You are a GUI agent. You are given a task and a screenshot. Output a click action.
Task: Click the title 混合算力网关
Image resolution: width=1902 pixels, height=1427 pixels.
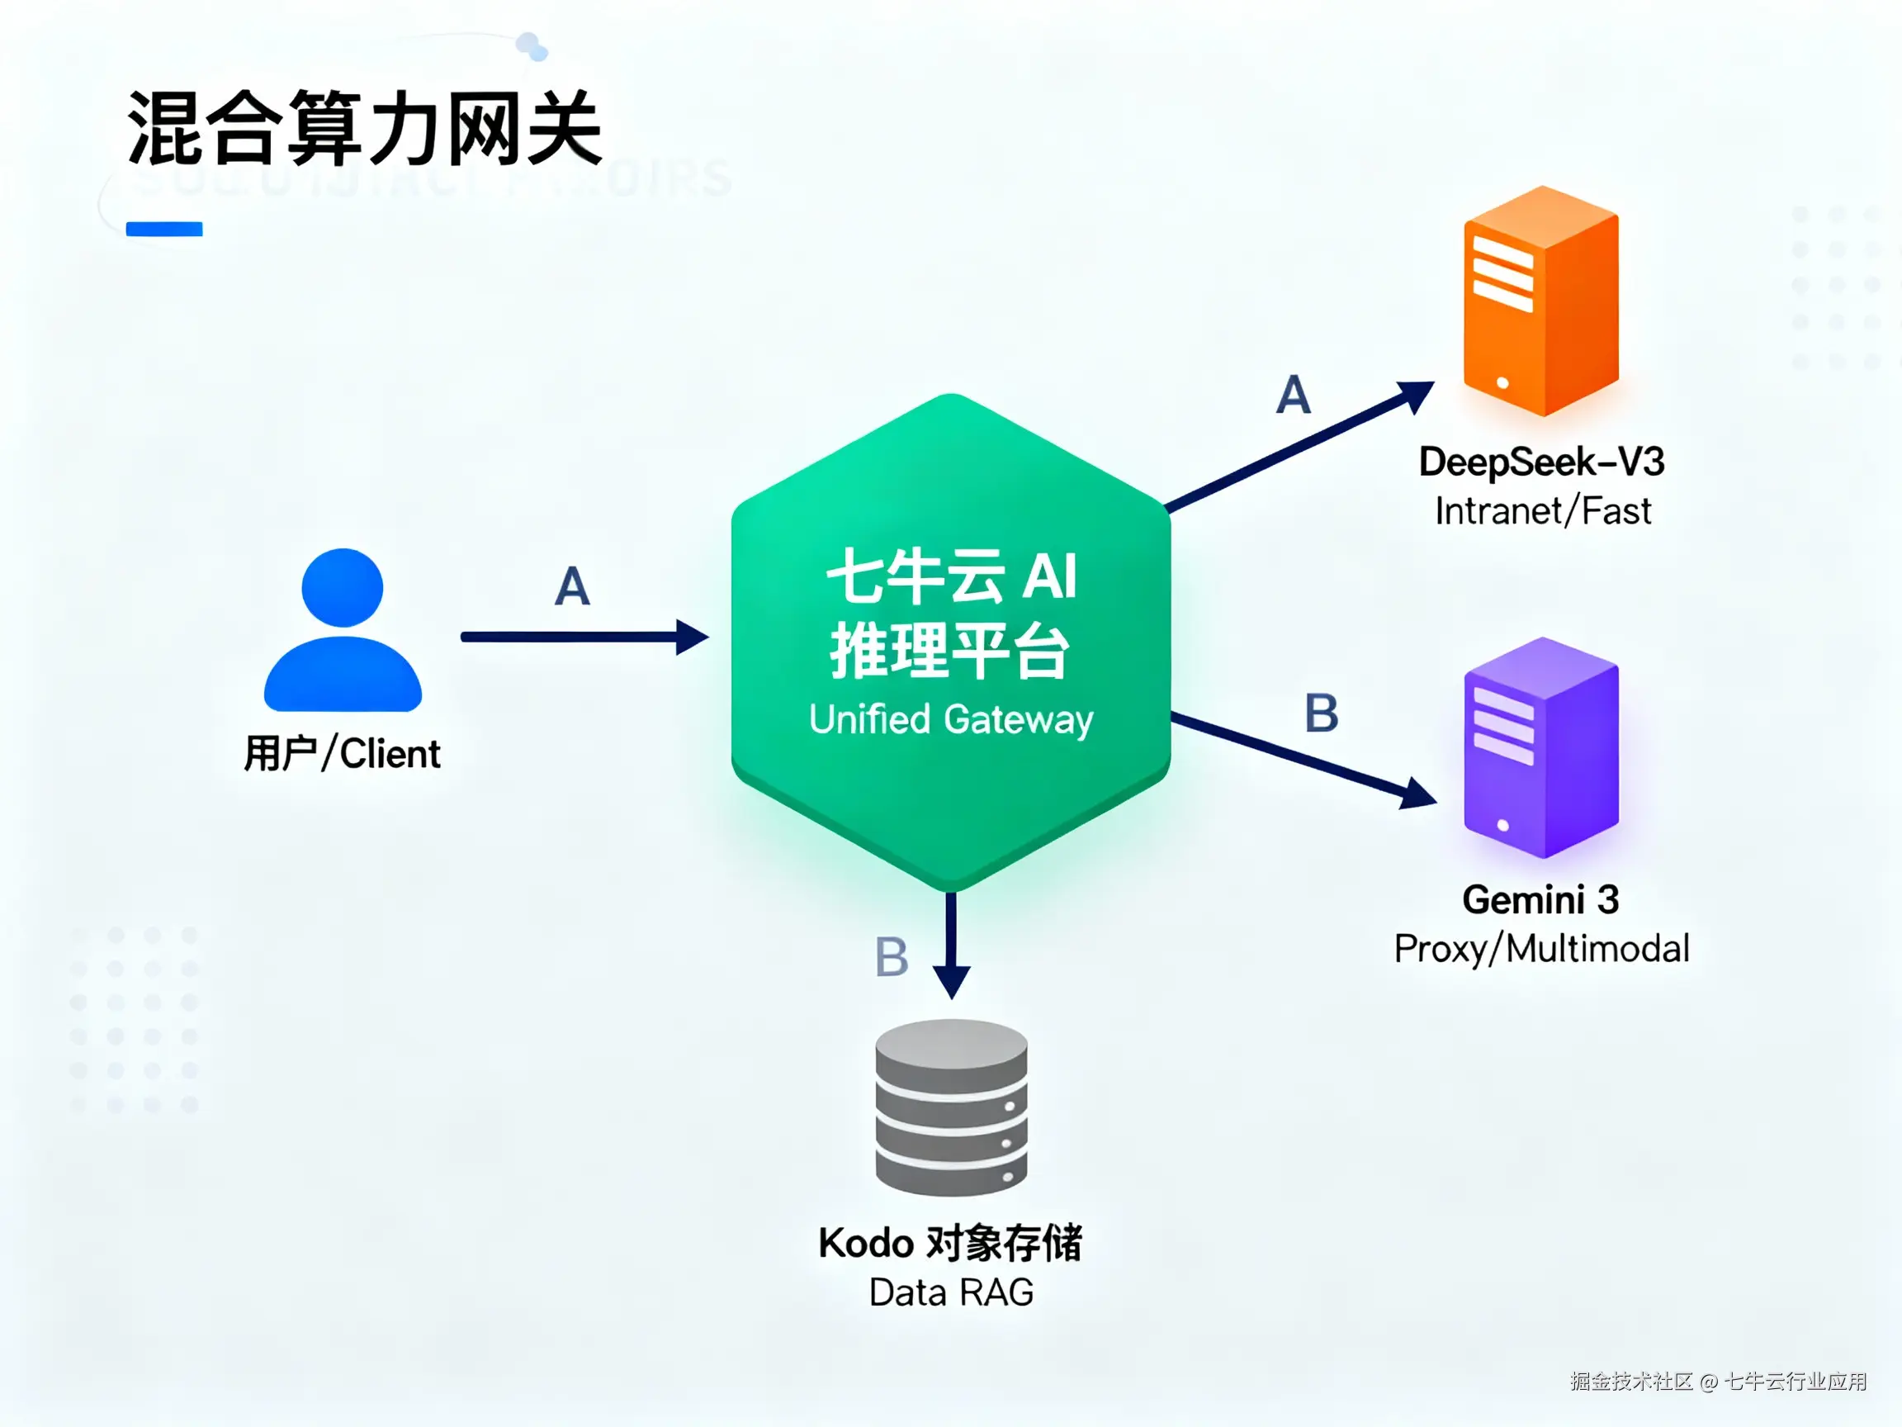click(x=365, y=129)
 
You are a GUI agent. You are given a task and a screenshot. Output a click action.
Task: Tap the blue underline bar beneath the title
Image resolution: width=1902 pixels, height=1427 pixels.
click(x=164, y=229)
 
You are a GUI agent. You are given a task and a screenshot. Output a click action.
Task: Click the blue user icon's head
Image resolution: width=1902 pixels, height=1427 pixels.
click(x=343, y=587)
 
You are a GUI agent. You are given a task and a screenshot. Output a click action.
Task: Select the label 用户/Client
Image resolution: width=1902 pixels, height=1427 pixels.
click(x=343, y=753)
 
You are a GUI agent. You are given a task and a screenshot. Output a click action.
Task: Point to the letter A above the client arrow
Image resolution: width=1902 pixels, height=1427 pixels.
click(x=573, y=586)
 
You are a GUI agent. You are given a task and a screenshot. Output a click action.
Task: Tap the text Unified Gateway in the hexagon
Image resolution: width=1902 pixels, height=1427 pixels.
click(x=951, y=719)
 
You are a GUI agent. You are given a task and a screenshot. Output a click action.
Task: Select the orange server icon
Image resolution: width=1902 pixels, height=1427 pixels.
click(x=1541, y=301)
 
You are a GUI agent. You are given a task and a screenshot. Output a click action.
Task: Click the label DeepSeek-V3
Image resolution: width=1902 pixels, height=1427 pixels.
click(x=1542, y=462)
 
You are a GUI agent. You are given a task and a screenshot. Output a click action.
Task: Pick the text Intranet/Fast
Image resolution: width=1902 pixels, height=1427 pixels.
click(x=1543, y=511)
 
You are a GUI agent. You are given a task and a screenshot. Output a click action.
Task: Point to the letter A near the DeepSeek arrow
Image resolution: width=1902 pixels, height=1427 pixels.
click(x=1294, y=395)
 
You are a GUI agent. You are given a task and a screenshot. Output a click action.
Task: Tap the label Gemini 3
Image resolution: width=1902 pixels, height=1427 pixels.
click(x=1541, y=900)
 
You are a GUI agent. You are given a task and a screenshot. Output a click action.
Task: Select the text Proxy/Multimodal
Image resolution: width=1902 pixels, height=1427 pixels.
click(x=1542, y=949)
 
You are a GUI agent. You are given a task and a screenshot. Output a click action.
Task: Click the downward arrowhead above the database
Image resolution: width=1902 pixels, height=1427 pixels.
click(x=951, y=980)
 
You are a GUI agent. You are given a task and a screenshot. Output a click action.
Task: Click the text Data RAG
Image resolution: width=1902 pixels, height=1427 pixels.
click(x=951, y=1292)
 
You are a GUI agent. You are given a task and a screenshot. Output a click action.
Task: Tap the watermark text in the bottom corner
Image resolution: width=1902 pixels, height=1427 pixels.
click(x=1718, y=1382)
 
